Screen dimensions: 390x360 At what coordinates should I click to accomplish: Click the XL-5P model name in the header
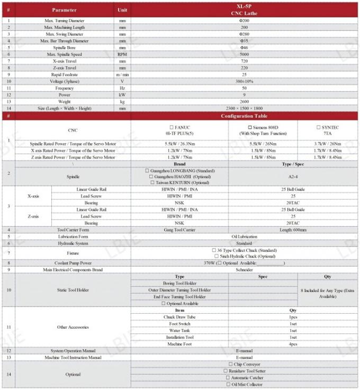coord(244,6)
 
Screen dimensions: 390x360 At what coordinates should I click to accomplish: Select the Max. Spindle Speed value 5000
coord(244,54)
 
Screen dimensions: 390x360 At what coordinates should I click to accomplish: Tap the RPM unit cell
coord(122,54)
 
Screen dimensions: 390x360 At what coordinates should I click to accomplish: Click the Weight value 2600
coord(244,101)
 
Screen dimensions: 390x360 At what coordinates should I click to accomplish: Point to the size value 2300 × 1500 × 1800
coord(244,108)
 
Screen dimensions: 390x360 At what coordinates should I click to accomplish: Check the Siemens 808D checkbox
coord(250,127)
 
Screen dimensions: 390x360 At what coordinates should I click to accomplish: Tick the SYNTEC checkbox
coord(318,127)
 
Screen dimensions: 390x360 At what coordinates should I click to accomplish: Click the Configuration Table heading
coord(244,116)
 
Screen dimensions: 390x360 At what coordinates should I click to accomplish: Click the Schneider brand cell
coord(244,270)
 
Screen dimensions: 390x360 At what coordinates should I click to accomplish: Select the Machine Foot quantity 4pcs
coord(293,344)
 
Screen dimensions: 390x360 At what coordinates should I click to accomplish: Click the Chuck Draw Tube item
coord(179,317)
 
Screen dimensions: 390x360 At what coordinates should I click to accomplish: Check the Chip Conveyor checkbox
coord(231,364)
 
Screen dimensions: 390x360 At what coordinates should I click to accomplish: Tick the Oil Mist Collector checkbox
coord(228,385)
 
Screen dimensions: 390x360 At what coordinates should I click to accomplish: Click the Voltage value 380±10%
coord(244,81)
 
